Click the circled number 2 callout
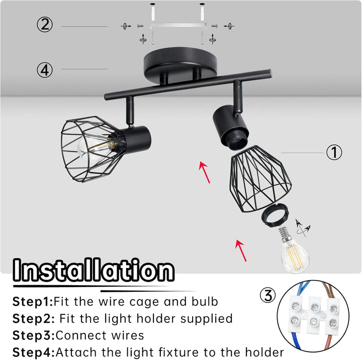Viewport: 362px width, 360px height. tap(45, 25)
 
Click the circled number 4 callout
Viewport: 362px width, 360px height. tap(45, 70)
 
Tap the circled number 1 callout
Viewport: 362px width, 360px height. tap(334, 152)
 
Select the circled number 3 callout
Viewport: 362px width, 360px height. tap(268, 295)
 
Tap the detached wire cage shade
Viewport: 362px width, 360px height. tap(260, 178)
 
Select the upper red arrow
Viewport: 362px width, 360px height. tap(205, 172)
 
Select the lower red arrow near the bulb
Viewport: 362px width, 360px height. tap(241, 251)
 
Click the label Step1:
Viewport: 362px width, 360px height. tap(33, 301)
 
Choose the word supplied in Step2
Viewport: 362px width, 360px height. tap(207, 319)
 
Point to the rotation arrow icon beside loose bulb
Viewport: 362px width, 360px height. tap(303, 228)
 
